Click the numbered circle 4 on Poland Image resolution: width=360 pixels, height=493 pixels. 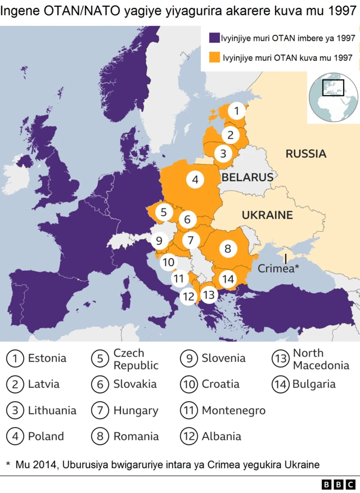click(x=195, y=180)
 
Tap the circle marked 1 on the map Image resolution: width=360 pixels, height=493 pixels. click(x=237, y=111)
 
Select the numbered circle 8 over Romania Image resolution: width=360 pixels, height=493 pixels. click(x=228, y=248)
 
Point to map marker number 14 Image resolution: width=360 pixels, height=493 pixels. click(x=228, y=279)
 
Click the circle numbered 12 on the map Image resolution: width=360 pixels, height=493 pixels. click(x=189, y=296)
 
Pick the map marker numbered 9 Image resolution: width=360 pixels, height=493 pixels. click(x=159, y=241)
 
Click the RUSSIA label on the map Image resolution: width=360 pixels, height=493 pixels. click(x=305, y=154)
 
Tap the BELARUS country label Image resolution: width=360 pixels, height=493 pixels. click(x=247, y=177)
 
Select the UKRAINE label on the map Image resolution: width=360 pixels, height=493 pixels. click(x=267, y=215)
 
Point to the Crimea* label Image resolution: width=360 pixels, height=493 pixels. click(x=278, y=269)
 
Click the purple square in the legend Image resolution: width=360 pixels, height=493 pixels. click(x=214, y=38)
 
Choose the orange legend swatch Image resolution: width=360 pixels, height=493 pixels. click(x=214, y=57)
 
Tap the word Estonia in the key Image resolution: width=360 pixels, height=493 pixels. click(x=47, y=358)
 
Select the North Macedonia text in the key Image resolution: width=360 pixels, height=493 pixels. click(x=321, y=359)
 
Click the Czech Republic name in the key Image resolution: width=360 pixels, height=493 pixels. click(x=136, y=359)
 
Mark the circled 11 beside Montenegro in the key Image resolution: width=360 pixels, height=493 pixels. click(x=190, y=410)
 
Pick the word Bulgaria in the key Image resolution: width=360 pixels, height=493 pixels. click(x=313, y=384)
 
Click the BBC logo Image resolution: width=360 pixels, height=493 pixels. click(x=338, y=484)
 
